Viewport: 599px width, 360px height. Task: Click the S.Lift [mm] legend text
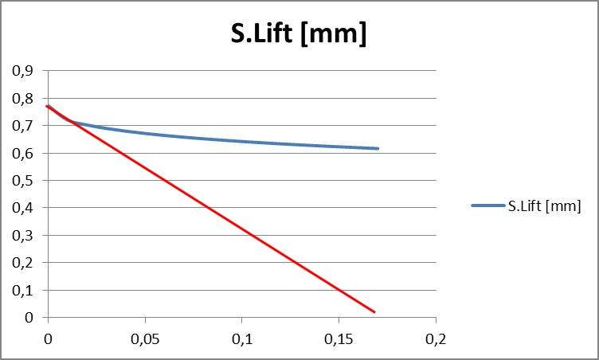click(544, 205)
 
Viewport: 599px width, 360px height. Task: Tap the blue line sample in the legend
click(487, 205)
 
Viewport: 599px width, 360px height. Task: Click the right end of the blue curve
click(378, 148)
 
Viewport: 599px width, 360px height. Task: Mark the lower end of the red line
click(374, 311)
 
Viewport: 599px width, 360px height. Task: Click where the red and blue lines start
click(49, 106)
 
